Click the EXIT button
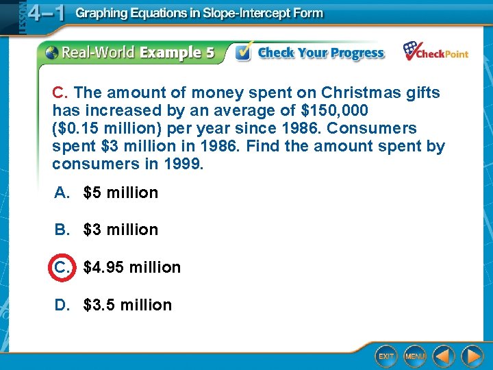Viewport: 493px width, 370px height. pos(386,356)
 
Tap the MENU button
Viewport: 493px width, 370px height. pos(415,356)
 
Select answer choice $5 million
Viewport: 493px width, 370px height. pos(121,193)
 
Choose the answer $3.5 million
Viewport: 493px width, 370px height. pos(127,305)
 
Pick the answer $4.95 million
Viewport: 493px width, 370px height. pos(132,267)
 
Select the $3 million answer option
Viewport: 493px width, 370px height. pos(121,230)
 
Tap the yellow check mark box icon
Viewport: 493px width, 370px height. pos(243,52)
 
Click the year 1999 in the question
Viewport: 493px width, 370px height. pos(186,164)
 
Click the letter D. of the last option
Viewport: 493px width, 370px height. pos(63,305)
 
